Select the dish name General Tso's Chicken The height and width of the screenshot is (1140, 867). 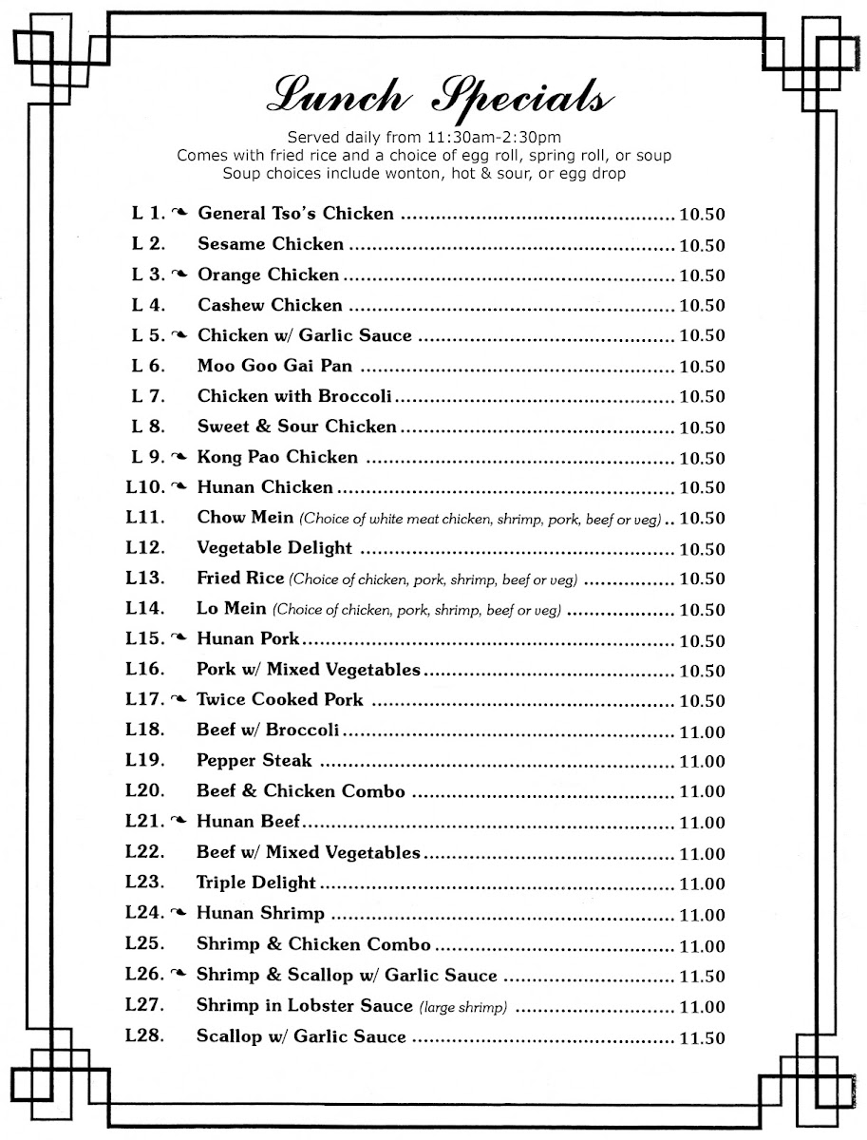(x=295, y=214)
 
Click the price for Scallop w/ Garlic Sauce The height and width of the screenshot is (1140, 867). (x=702, y=1038)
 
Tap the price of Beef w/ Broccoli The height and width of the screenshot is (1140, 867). (x=702, y=732)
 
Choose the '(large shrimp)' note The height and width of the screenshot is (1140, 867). (x=463, y=1007)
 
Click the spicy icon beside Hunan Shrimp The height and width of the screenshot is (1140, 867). (x=179, y=914)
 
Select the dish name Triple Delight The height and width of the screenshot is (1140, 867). (x=255, y=883)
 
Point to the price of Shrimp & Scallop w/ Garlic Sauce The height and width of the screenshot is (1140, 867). (x=702, y=977)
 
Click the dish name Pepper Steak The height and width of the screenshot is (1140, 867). (x=254, y=761)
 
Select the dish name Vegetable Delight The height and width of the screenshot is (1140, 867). (x=274, y=548)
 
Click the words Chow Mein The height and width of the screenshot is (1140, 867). (x=245, y=518)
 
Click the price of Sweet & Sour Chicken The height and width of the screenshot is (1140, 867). (x=702, y=427)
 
